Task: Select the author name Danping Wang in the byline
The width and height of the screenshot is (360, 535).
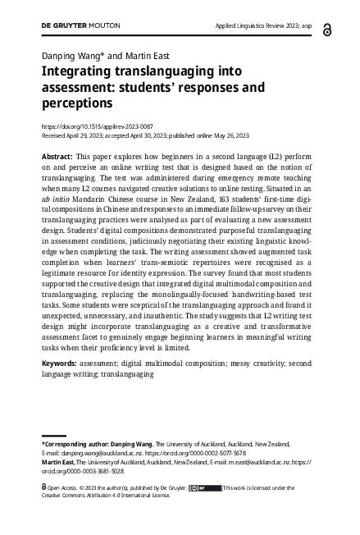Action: coord(71,55)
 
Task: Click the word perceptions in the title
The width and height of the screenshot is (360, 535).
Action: coord(76,104)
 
